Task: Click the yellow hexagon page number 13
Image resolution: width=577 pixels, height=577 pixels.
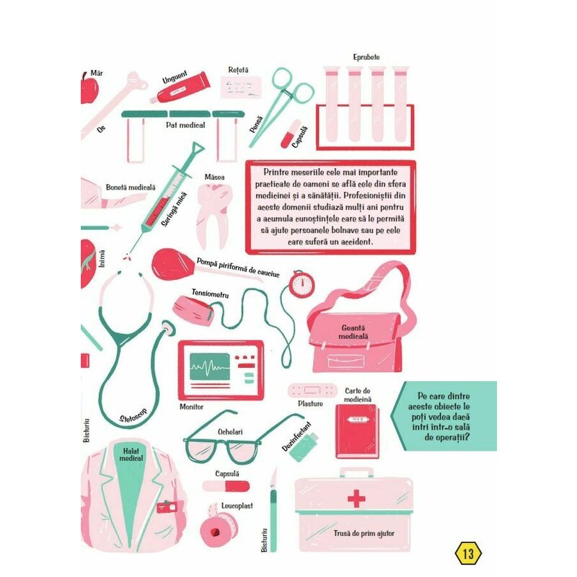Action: (x=468, y=553)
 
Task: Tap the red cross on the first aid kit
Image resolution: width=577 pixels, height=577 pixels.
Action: (x=356, y=498)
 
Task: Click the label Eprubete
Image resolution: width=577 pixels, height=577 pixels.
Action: (x=366, y=57)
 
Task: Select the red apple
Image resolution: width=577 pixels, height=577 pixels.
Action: (x=89, y=88)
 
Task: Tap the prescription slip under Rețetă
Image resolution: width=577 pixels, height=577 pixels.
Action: (x=241, y=87)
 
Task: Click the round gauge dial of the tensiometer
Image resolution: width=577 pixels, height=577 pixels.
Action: (x=301, y=284)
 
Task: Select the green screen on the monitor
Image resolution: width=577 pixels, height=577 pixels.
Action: (x=209, y=366)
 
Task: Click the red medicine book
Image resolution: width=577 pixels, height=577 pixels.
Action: (x=356, y=431)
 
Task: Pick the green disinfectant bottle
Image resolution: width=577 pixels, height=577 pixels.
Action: (x=304, y=447)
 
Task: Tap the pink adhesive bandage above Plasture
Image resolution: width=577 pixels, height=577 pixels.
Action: (x=312, y=390)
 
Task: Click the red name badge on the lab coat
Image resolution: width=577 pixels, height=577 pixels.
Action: (x=167, y=507)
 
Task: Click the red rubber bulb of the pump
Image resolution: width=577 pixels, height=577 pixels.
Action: (x=172, y=264)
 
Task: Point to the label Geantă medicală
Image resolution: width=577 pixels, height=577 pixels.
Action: (x=353, y=332)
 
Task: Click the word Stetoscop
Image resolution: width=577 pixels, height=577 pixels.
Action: (x=133, y=416)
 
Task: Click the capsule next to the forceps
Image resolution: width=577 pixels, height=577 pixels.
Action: (x=291, y=134)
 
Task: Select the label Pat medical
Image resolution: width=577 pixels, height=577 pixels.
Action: (x=185, y=125)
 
